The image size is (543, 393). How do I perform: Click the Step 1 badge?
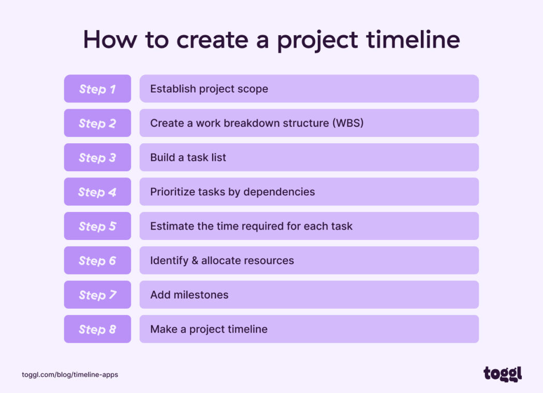[x=97, y=89]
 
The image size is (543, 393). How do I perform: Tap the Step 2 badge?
[x=97, y=123]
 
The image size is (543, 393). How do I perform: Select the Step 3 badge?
[x=97, y=158]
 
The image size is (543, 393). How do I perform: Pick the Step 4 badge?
[x=97, y=192]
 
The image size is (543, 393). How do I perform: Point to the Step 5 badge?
[x=97, y=226]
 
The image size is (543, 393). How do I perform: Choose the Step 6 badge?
[x=97, y=261]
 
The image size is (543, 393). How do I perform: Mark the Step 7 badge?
[x=97, y=295]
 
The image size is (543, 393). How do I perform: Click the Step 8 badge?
[x=97, y=329]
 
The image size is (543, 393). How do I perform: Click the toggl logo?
[x=503, y=374]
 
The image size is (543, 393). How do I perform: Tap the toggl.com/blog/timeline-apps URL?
[x=70, y=374]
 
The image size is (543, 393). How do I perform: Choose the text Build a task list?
[x=188, y=158]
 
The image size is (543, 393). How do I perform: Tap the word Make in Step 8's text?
[x=163, y=329]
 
